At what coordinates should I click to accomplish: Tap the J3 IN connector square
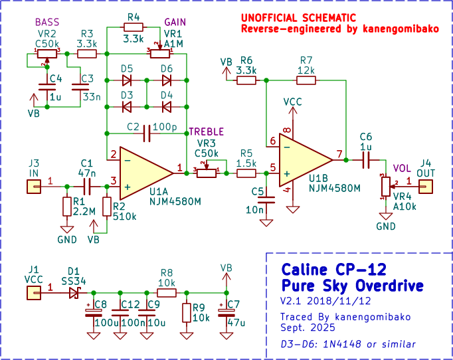34,187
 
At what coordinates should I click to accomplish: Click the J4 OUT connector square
426,187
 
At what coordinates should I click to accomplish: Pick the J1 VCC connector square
34,293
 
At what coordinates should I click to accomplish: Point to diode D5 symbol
127,80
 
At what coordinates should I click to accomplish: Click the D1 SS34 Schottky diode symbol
74,293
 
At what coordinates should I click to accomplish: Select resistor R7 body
306,80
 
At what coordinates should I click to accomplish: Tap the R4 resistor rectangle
134,27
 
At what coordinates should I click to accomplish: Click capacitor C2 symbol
147,134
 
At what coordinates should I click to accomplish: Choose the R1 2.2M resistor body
67,207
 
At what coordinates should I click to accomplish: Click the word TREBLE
207,132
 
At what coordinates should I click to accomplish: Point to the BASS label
47,22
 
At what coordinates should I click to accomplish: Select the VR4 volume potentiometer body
386,187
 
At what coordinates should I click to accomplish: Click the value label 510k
124,217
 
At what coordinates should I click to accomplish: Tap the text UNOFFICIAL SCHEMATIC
298,18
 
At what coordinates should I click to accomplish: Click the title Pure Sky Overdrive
353,286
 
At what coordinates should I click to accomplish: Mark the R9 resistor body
187,313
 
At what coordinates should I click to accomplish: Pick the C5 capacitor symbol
266,200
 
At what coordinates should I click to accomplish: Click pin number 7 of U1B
339,154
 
